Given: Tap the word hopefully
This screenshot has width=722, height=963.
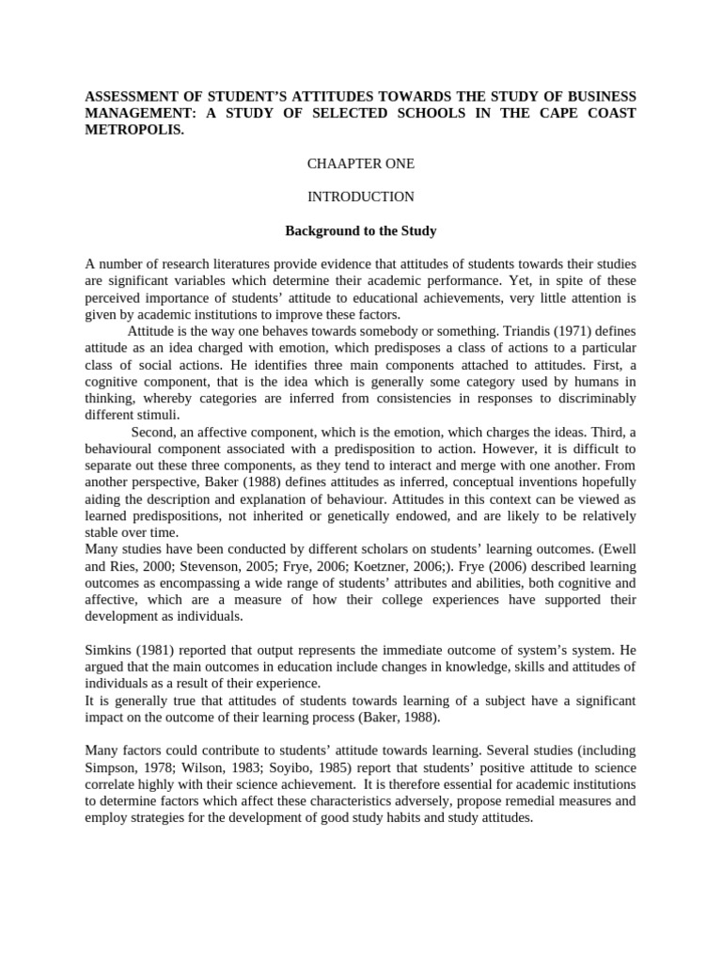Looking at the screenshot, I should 605,483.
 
